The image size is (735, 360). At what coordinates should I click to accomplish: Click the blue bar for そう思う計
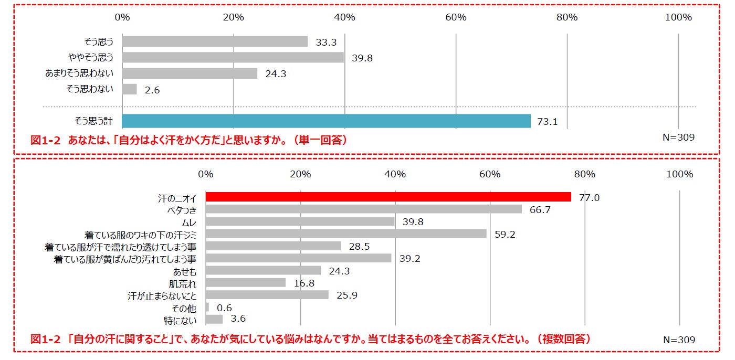tap(326, 121)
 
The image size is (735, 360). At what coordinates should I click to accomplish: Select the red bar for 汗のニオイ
tap(388, 197)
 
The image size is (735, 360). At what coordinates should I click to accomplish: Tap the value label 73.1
tap(547, 122)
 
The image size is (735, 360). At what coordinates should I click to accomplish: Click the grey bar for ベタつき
tap(363, 209)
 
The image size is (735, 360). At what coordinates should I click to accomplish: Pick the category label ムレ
tap(188, 222)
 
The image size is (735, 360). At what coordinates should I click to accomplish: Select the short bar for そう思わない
tap(129, 89)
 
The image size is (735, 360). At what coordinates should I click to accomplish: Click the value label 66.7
tap(540, 210)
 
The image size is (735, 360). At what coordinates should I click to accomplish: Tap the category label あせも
tap(185, 271)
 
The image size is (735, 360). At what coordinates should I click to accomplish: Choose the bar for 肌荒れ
tap(245, 283)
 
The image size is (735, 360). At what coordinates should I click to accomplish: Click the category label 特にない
tap(180, 320)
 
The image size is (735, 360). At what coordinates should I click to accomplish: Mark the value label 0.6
tap(224, 308)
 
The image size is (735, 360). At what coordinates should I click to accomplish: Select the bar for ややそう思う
tap(233, 57)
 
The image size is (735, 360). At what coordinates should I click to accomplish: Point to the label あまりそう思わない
tap(79, 73)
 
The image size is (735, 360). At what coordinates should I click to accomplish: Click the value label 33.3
tap(326, 43)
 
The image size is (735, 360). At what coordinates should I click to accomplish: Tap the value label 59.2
tap(505, 235)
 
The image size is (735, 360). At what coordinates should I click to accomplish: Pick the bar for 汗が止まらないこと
tap(267, 295)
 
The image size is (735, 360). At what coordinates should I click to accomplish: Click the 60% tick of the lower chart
tap(490, 174)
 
